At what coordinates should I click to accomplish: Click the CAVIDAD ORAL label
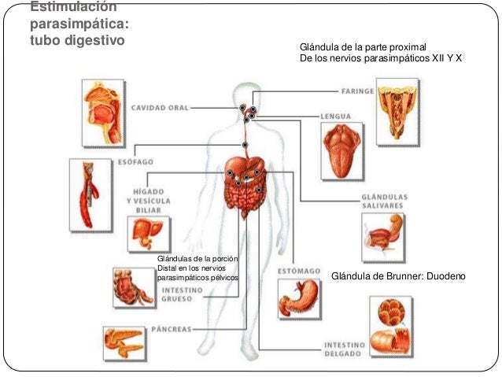[160, 107]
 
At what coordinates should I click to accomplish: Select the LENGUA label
[336, 116]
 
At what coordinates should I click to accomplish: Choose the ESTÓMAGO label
[299, 272]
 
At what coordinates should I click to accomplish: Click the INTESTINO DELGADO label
[344, 348]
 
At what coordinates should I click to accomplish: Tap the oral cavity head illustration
[103, 112]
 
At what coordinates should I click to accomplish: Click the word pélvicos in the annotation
[221, 278]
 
